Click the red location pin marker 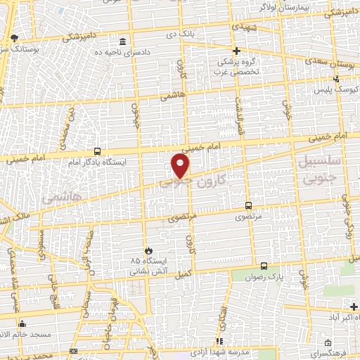(x=181, y=166)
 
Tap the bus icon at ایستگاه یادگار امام (x=97, y=151)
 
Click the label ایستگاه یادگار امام (x=98, y=162)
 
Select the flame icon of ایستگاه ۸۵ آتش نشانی (x=148, y=250)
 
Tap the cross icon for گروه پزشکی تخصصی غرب (x=237, y=51)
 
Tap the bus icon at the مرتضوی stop (x=248, y=205)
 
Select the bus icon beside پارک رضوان (x=264, y=266)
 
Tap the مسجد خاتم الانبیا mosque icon (x=22, y=324)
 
